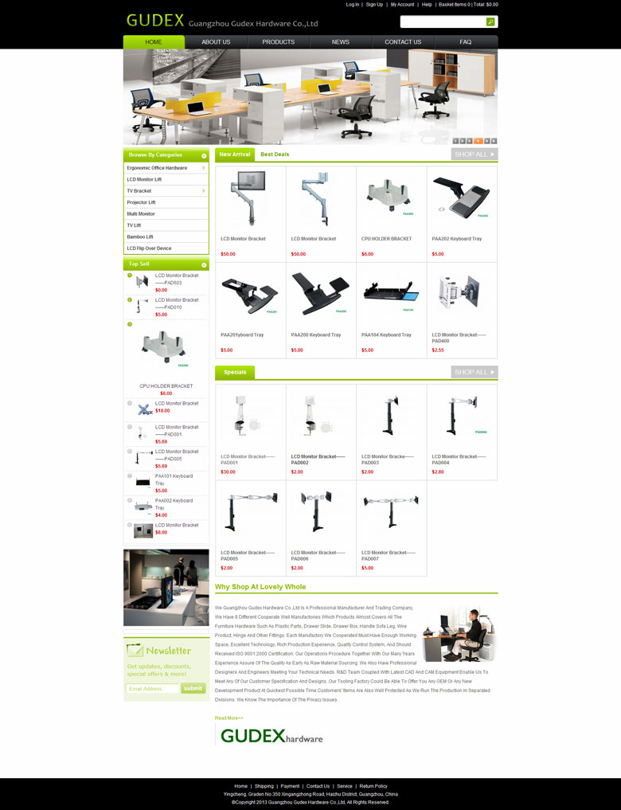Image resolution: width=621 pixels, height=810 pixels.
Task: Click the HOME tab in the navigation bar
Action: [x=154, y=41]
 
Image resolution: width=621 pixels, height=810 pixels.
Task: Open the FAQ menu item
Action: [x=466, y=41]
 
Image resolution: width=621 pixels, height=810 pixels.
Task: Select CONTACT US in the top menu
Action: [x=403, y=41]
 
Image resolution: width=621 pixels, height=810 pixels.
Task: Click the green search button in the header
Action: [x=490, y=22]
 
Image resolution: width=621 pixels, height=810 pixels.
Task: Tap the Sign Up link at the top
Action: [x=374, y=5]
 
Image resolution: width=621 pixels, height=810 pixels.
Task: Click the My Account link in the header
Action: [x=402, y=5]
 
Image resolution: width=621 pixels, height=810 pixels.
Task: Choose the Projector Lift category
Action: [x=141, y=202]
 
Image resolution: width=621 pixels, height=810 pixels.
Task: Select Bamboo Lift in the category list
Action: [x=140, y=237]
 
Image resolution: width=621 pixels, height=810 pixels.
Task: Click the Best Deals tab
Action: [x=275, y=154]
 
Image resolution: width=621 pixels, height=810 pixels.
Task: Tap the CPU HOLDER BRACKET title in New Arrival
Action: [x=386, y=239]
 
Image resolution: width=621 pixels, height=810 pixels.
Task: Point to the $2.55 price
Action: [x=438, y=350]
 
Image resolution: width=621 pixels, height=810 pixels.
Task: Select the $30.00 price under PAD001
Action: [x=228, y=472]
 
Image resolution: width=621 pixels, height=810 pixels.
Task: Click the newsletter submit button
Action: [x=193, y=688]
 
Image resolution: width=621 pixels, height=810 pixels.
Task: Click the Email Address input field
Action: [x=153, y=688]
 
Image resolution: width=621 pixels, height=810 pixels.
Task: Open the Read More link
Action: [x=228, y=718]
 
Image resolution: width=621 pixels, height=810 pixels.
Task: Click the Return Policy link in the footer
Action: [x=373, y=786]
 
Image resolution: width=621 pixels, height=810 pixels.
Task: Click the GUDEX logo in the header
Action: [x=155, y=21]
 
